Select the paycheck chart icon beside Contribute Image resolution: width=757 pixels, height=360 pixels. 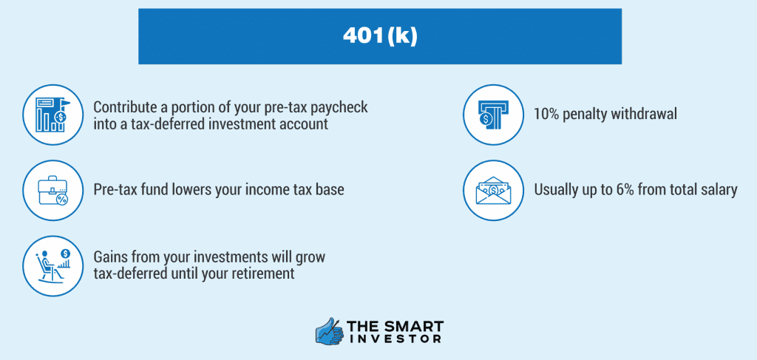tap(52, 115)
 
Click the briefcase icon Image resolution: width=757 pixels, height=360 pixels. tap(52, 190)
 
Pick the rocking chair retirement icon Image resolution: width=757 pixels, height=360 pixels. tap(52, 265)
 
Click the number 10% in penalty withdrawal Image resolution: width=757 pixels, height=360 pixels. tap(547, 115)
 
